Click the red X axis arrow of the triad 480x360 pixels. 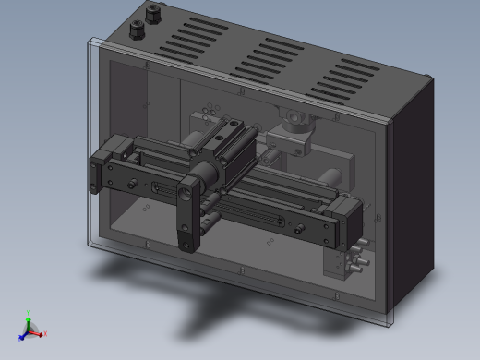pos(38,332)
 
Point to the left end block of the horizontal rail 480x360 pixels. pos(112,162)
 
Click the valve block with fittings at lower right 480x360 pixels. pos(342,262)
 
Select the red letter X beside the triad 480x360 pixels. pos(44,334)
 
